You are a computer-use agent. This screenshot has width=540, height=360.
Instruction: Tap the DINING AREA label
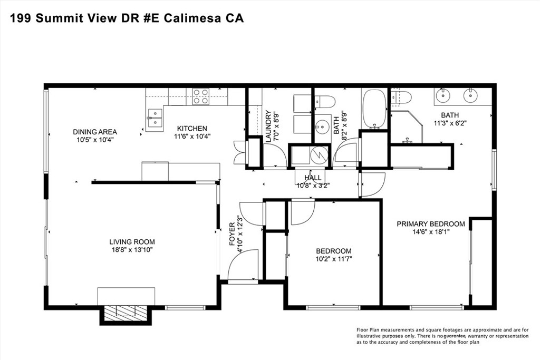tap(95, 132)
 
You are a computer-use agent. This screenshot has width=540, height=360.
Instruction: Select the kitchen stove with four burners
tap(200, 96)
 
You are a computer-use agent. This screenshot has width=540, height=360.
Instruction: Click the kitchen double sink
tap(155, 117)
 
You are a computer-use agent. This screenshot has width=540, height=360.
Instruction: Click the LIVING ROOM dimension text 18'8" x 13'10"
tap(128, 250)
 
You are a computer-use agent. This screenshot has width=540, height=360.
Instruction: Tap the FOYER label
tap(232, 238)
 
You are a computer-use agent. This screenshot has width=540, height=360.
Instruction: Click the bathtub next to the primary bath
tap(375, 109)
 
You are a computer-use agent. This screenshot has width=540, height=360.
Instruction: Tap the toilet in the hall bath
tap(323, 101)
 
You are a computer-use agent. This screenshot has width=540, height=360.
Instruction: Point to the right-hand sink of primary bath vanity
tap(469, 95)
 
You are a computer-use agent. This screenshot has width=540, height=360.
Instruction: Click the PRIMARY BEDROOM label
tap(431, 224)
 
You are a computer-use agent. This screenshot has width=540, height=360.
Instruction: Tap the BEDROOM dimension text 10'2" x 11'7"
tap(333, 259)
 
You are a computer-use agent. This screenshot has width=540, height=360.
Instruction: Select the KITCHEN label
tap(192, 128)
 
